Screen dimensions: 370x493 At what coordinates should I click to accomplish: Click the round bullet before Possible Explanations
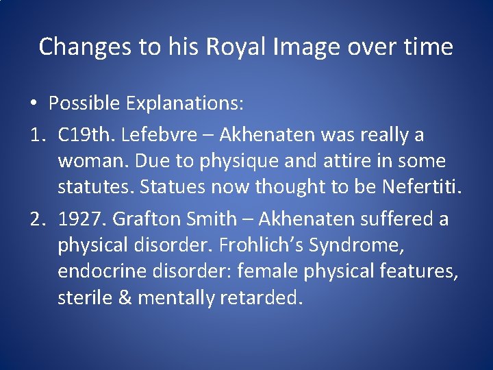(x=33, y=103)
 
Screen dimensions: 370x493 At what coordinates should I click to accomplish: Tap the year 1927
(x=81, y=219)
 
